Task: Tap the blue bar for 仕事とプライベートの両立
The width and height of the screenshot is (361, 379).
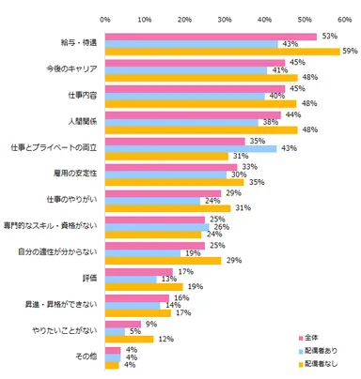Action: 191,148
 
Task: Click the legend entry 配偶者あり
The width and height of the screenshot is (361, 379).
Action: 316,348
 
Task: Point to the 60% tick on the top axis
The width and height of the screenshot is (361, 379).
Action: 344,18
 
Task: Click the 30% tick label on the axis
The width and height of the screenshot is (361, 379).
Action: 225,18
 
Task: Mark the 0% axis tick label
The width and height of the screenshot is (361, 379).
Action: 105,18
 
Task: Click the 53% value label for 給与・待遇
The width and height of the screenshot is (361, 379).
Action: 328,36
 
